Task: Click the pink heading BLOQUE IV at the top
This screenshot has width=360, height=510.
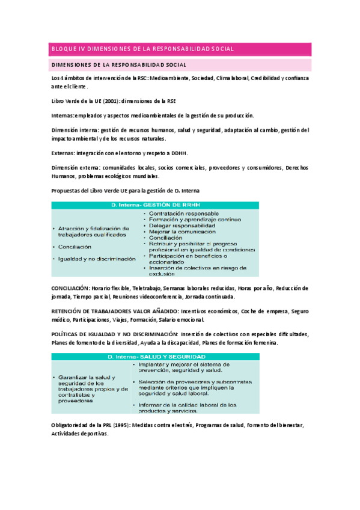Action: (142, 49)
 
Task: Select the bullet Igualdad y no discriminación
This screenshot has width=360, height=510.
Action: (97, 259)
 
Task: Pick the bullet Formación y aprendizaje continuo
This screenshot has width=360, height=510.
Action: (191, 220)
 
